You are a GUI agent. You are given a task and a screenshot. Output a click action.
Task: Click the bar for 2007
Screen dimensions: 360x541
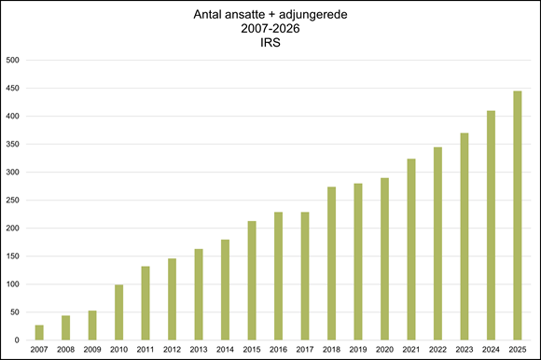39,332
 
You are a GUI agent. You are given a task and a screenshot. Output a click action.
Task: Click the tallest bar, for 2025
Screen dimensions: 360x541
517,215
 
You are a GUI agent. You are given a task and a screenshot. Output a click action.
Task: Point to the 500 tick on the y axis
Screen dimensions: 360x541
13,61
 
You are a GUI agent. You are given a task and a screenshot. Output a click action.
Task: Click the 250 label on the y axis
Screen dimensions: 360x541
13,201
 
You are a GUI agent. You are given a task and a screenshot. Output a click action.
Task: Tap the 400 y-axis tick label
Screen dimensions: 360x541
13,117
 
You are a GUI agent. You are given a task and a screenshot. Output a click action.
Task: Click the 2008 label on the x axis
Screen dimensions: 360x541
65,350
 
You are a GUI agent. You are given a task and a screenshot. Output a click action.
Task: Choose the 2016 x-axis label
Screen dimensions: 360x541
278,350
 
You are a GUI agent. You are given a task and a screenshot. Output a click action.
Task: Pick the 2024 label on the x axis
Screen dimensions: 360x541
490,350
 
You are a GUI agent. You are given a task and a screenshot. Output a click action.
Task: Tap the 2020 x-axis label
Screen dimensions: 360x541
384,350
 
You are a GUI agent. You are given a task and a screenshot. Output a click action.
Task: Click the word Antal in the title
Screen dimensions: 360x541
213,14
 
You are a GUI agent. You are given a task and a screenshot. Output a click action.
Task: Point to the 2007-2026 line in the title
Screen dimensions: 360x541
270,28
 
